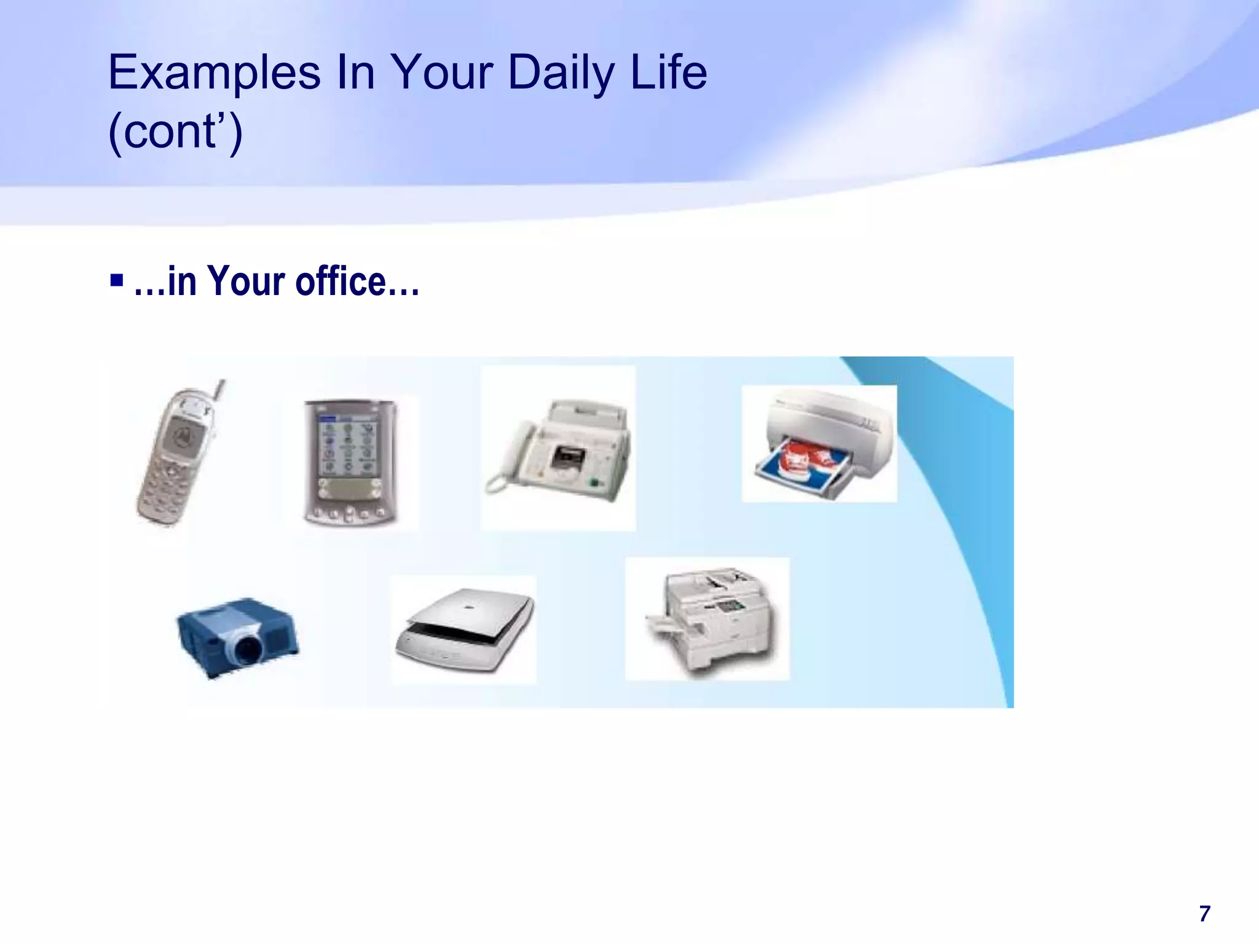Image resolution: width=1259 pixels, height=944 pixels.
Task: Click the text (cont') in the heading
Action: [x=175, y=132]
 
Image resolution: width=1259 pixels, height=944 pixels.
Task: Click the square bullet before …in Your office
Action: [x=117, y=281]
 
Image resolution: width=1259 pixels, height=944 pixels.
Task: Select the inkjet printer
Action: [x=824, y=444]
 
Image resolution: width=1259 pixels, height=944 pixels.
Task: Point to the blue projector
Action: [x=237, y=635]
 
